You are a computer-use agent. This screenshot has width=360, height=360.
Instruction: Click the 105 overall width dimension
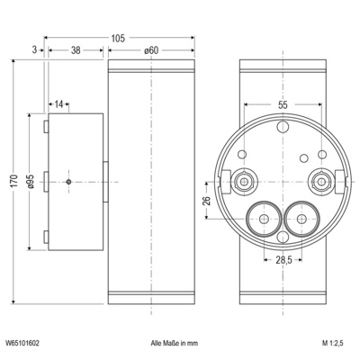(x=118, y=38)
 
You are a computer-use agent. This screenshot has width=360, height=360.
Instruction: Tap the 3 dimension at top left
(x=33, y=51)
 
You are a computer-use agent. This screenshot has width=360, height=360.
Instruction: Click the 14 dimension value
(x=59, y=105)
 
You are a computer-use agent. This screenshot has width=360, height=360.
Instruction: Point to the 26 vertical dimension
(x=206, y=200)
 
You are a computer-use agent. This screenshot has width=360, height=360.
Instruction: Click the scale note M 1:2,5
(x=335, y=343)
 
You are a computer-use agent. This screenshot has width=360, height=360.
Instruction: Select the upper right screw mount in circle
(x=321, y=183)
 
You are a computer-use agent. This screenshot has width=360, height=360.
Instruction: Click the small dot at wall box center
(x=69, y=183)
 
